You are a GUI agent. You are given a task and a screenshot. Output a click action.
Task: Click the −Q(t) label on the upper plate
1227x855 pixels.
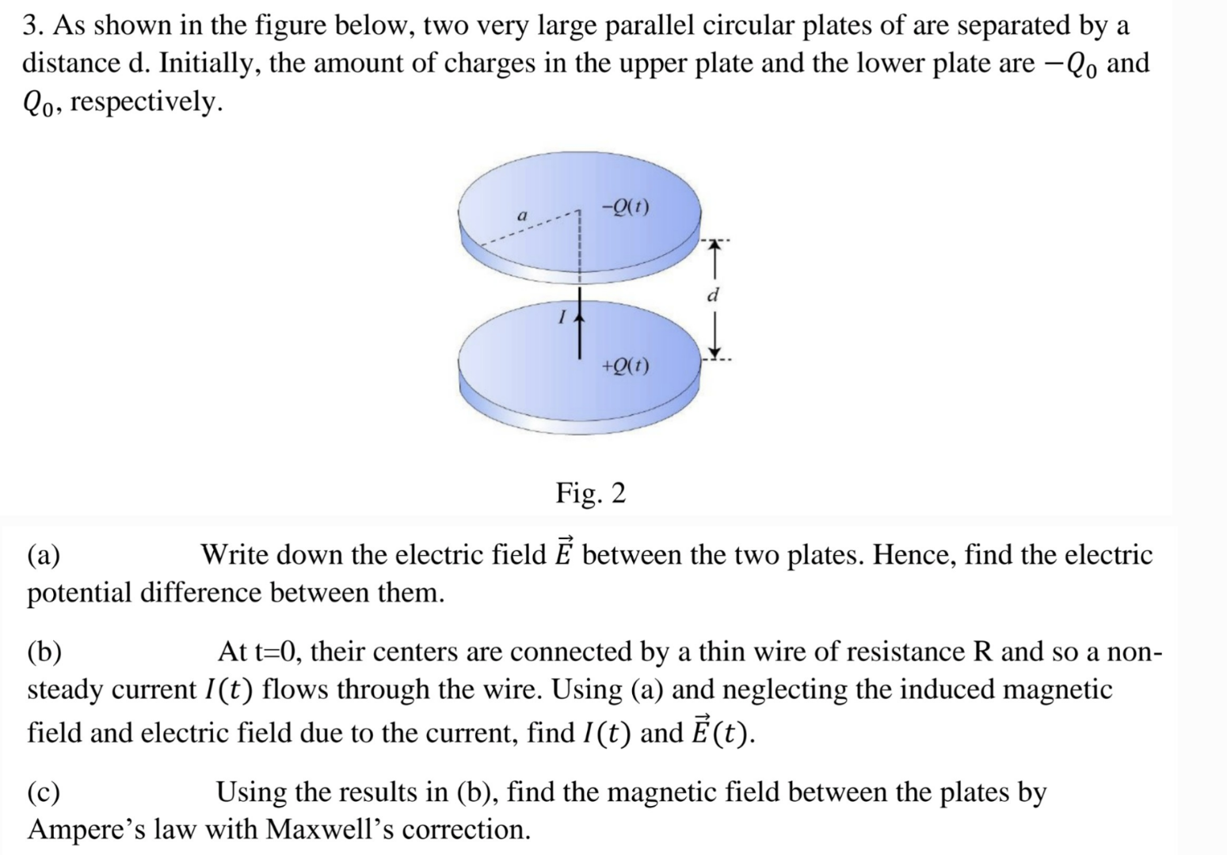pos(625,208)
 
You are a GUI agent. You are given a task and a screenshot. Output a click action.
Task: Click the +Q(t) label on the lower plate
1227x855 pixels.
pos(625,367)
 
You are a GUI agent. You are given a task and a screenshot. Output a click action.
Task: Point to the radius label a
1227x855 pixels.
pos(521,215)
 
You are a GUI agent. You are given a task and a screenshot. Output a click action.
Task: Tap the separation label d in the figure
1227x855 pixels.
pos(713,296)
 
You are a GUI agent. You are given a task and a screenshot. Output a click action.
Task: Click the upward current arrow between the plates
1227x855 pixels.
pos(580,325)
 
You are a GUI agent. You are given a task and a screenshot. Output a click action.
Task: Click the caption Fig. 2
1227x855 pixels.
pos(590,493)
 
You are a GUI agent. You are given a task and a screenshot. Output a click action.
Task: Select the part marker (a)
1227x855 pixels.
pos(44,555)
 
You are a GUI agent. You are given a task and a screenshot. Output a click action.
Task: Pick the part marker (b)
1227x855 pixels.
pos(45,652)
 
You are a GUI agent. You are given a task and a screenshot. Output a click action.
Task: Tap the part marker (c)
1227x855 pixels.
pos(44,792)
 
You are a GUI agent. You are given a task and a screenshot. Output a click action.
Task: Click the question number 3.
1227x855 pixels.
pos(32,25)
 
